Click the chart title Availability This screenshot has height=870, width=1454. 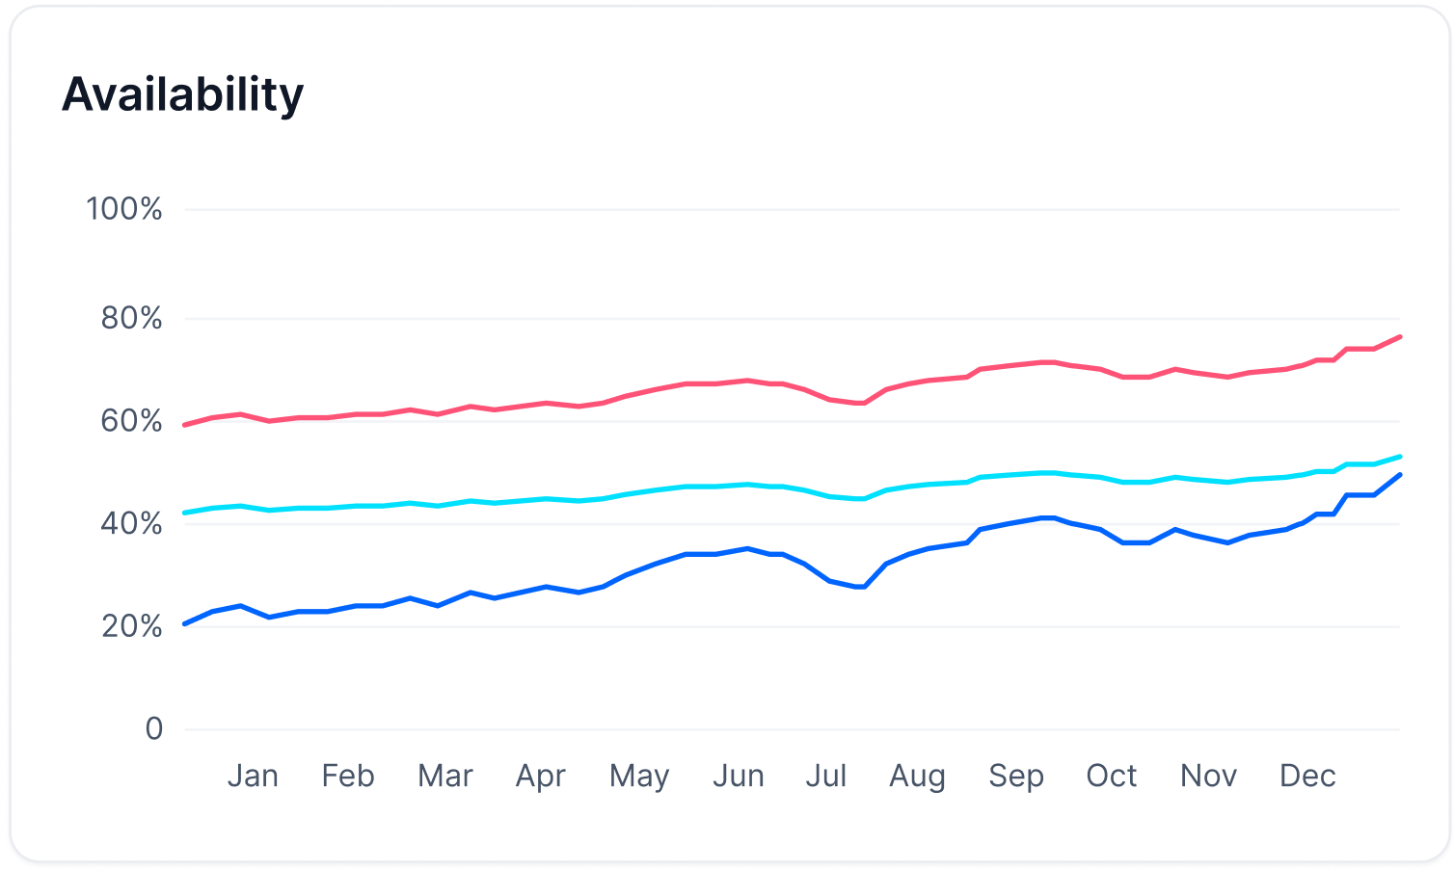(183, 95)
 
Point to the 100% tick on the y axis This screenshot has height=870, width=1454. (124, 209)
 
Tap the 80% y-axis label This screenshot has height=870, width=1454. (131, 319)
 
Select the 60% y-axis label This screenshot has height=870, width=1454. (131, 421)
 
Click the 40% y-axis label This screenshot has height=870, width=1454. (131, 524)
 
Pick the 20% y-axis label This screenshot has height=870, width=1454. (131, 627)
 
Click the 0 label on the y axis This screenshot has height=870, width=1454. (154, 729)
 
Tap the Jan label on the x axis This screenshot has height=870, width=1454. (253, 776)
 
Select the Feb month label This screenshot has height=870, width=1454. (348, 776)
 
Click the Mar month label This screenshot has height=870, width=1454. (445, 776)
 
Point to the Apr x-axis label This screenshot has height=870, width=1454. (541, 777)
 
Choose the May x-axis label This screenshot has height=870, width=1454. (639, 777)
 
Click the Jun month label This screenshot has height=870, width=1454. (739, 776)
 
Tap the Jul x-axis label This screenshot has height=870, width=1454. (826, 776)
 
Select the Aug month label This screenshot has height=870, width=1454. (918, 777)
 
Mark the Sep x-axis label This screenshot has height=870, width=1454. (1016, 777)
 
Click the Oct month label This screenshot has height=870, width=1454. (1112, 776)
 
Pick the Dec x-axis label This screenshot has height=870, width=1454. (1307, 776)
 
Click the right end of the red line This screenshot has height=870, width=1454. (1399, 336)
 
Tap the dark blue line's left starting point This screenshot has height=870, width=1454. (185, 623)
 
